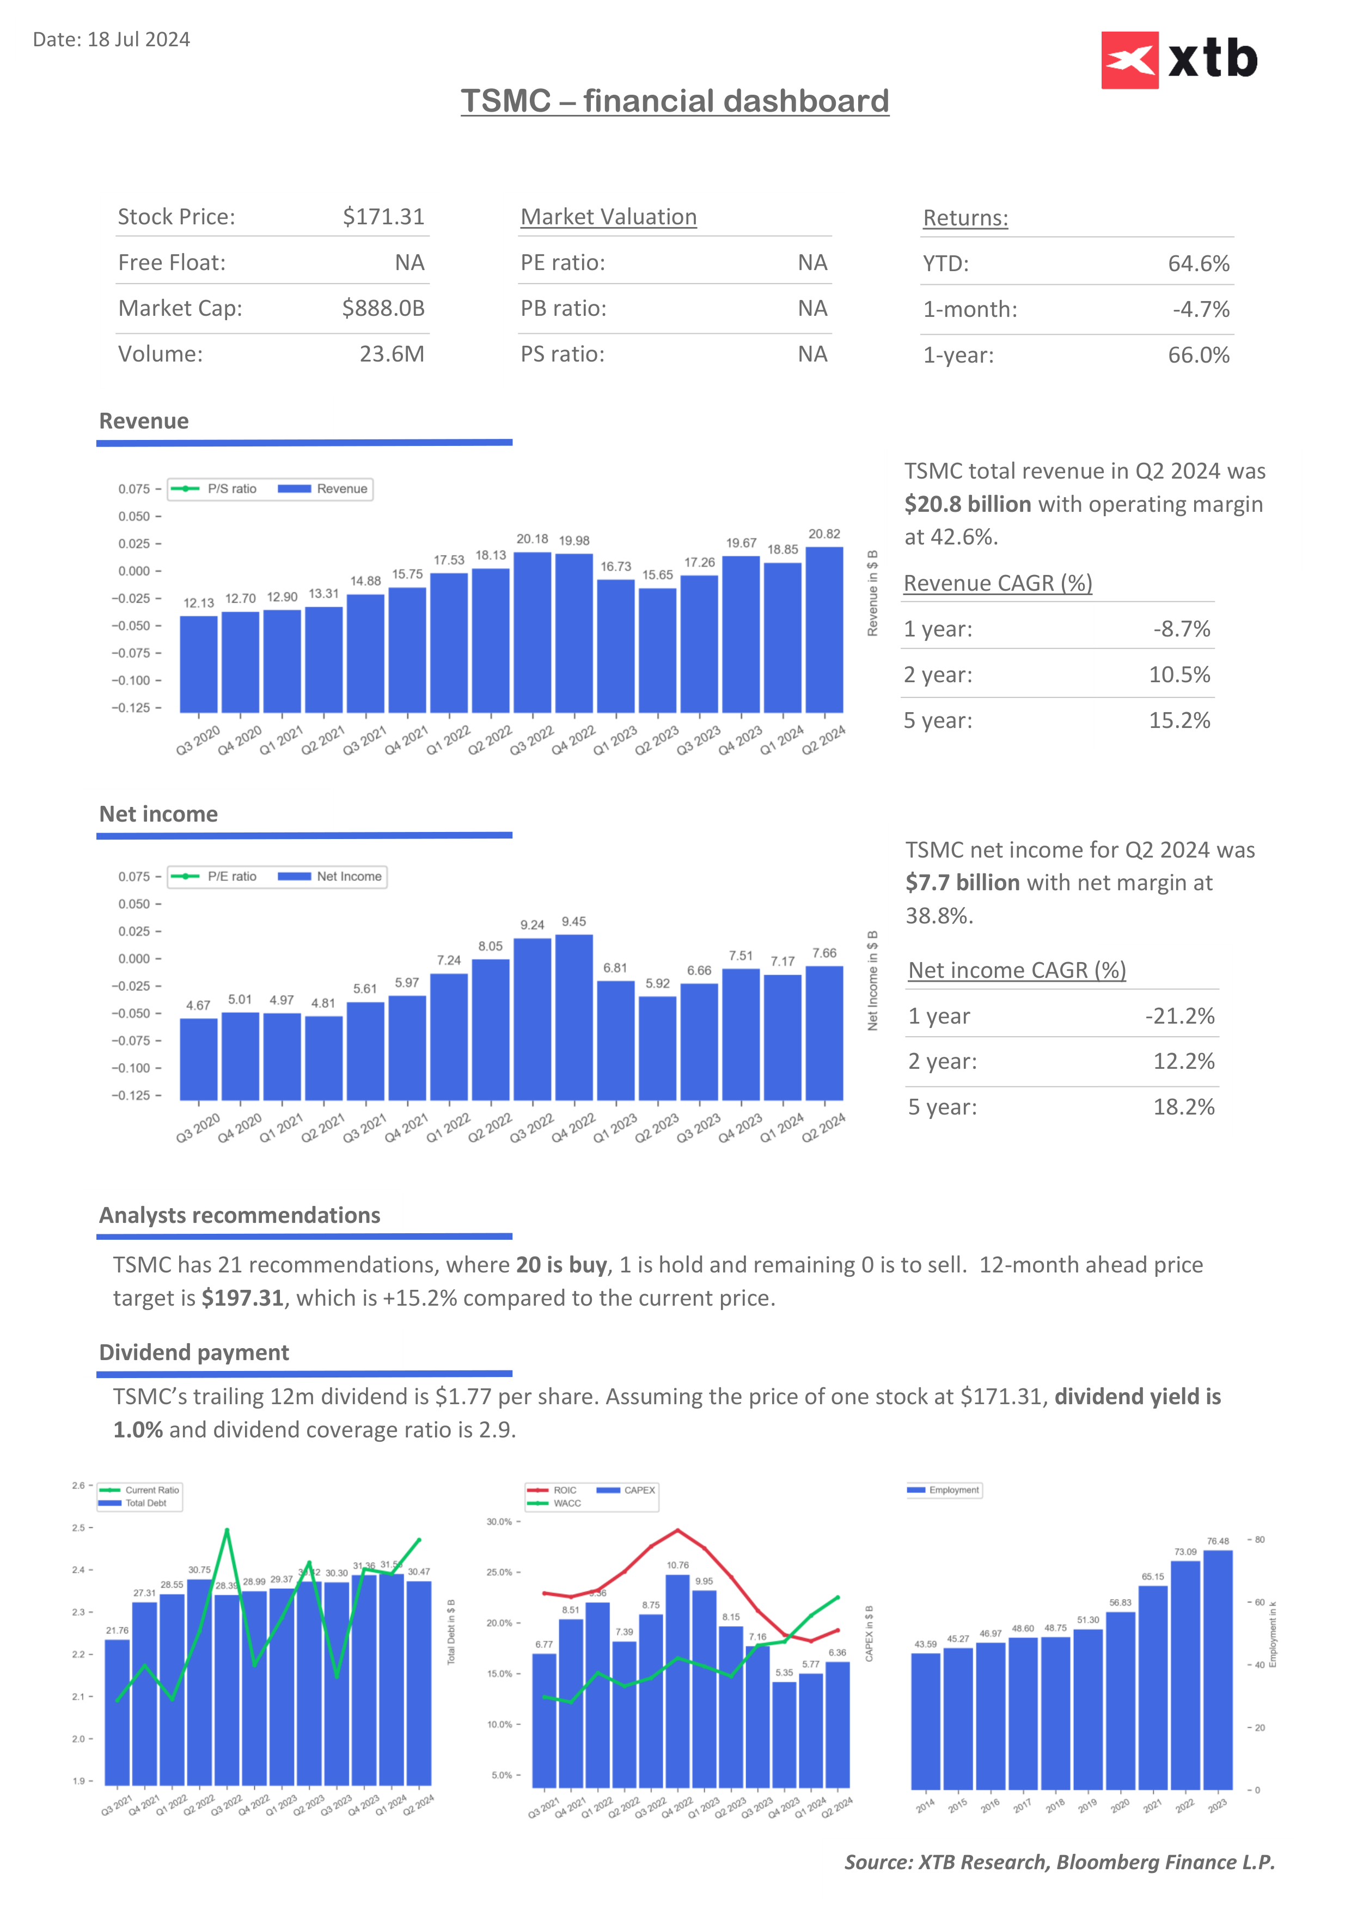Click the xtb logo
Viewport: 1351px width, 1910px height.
(x=1179, y=60)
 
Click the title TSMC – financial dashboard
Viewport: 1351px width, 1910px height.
(x=675, y=101)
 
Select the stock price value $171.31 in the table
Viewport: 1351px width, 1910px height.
(x=383, y=217)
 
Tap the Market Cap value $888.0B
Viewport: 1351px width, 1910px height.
(x=383, y=309)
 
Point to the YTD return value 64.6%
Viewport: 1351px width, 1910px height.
(x=1198, y=264)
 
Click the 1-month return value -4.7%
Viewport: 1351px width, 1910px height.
(x=1200, y=309)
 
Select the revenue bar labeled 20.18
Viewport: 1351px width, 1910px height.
(x=533, y=632)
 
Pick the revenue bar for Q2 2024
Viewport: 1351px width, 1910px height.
(x=824, y=630)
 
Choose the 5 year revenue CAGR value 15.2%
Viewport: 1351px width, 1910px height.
(x=1179, y=720)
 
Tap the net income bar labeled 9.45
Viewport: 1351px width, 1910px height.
(x=574, y=1017)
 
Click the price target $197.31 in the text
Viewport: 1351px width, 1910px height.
(x=242, y=1299)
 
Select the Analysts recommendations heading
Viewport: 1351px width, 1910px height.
(x=240, y=1215)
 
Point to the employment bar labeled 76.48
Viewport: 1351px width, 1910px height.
(x=1218, y=1669)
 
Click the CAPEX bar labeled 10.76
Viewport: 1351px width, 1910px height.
(x=678, y=1680)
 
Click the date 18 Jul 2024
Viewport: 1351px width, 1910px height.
(x=138, y=40)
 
